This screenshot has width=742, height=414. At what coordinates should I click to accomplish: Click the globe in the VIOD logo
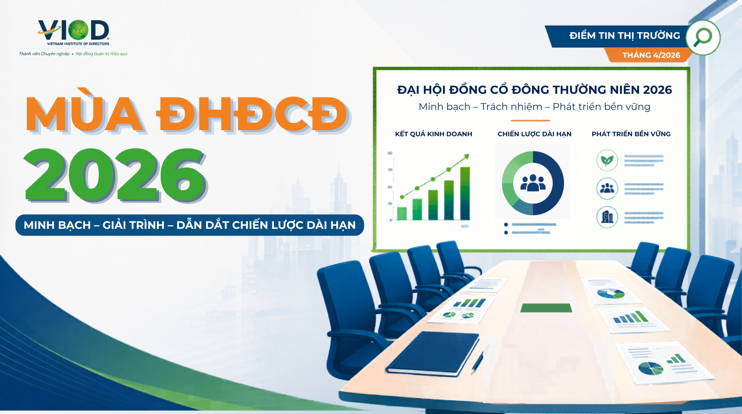point(78,30)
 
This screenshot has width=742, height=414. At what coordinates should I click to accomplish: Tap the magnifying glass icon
point(703,37)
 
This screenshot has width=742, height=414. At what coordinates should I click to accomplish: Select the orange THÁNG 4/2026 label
point(651,55)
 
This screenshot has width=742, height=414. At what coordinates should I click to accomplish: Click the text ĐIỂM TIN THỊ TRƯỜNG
point(624,36)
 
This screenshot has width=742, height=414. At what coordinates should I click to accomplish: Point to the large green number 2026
point(115,175)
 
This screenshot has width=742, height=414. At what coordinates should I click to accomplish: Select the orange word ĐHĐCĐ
point(252,115)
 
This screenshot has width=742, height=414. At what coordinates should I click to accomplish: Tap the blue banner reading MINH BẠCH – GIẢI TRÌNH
point(189,225)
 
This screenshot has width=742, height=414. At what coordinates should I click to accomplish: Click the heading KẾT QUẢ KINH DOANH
point(433,134)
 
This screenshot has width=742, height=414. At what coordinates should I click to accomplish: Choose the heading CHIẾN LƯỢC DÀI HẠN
point(534,134)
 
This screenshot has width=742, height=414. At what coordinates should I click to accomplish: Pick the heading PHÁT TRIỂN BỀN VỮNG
point(631,134)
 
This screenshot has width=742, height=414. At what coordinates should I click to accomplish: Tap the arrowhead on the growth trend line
point(466,156)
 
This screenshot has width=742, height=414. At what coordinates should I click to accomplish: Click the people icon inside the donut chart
point(532,183)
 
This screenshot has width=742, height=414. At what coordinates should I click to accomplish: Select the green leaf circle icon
point(607,161)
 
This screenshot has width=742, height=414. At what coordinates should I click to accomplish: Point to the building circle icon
point(607,217)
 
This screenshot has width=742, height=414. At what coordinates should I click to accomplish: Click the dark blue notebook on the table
point(433,353)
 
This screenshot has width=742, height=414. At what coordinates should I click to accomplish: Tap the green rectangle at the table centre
point(546,308)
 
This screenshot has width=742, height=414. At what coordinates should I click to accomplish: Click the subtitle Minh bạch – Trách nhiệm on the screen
point(534,107)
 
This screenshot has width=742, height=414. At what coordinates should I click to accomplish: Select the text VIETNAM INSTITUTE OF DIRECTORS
point(78,44)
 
